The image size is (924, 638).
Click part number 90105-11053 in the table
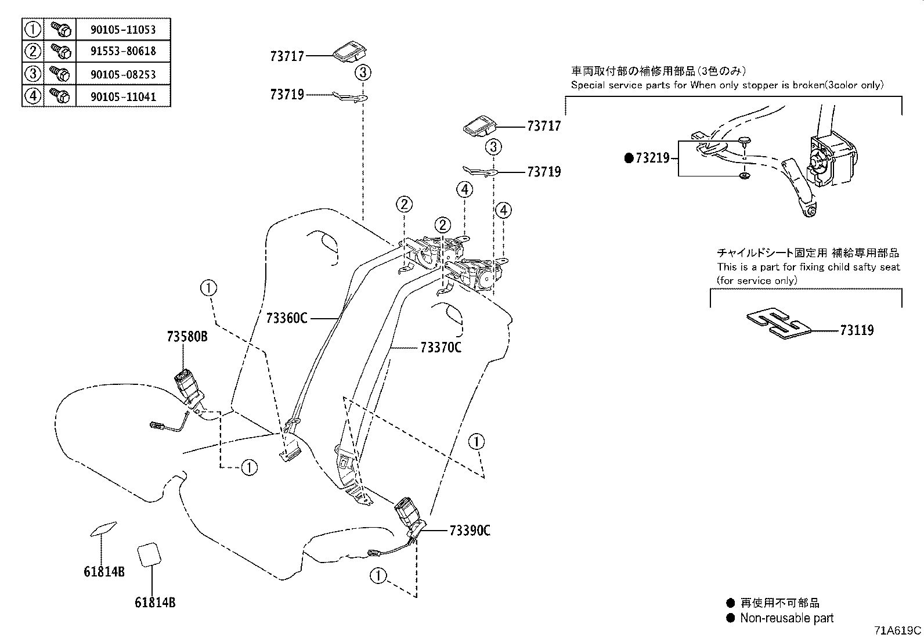pyautogui.click(x=123, y=29)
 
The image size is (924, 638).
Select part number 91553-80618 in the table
pyautogui.click(x=123, y=51)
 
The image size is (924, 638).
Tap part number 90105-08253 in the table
pyautogui.click(x=123, y=74)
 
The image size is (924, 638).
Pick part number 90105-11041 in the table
pyautogui.click(x=123, y=96)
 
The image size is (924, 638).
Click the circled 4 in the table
pyautogui.click(x=33, y=96)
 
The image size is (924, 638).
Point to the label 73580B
pyautogui.click(x=187, y=337)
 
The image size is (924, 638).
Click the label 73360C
pyautogui.click(x=287, y=318)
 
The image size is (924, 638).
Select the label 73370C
pyautogui.click(x=441, y=348)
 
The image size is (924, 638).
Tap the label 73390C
pyautogui.click(x=470, y=531)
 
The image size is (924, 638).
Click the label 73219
pyautogui.click(x=652, y=158)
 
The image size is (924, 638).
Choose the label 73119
pyautogui.click(x=857, y=330)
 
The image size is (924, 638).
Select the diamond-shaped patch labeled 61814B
pyautogui.click(x=103, y=528)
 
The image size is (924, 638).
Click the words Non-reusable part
pyautogui.click(x=786, y=618)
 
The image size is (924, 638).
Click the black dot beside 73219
pyautogui.click(x=628, y=158)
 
